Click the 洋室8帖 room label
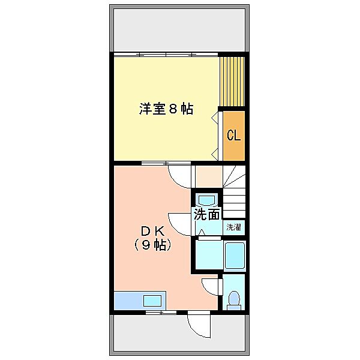166,109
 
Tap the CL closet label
234,135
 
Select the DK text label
152,231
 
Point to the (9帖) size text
152,245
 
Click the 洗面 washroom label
206,214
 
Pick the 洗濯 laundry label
234,227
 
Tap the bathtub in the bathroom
235,256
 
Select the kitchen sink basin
152,301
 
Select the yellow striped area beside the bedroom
232,82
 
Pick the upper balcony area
179,30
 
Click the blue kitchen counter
140,301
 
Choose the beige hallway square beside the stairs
209,176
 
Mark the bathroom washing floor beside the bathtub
209,255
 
